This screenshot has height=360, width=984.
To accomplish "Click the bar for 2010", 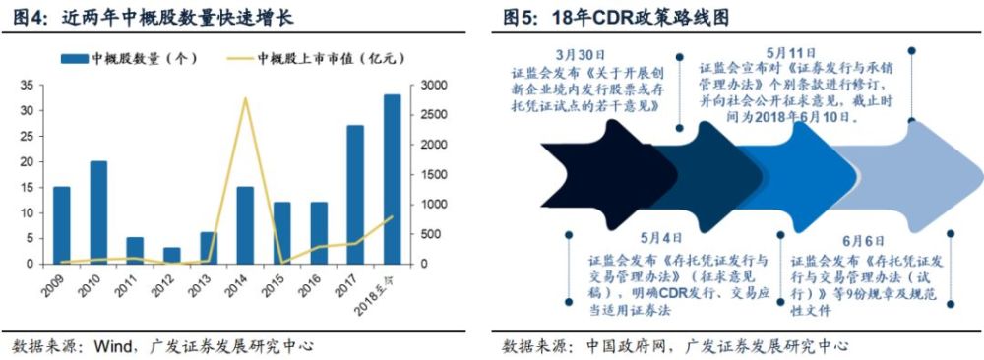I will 98,212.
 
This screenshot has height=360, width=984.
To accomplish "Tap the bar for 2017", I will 355,195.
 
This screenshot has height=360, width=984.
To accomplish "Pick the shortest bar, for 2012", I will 172,256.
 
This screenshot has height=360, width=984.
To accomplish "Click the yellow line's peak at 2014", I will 244,98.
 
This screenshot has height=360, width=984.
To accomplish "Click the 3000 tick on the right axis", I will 430,86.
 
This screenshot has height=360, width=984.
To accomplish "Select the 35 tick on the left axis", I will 27,86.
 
